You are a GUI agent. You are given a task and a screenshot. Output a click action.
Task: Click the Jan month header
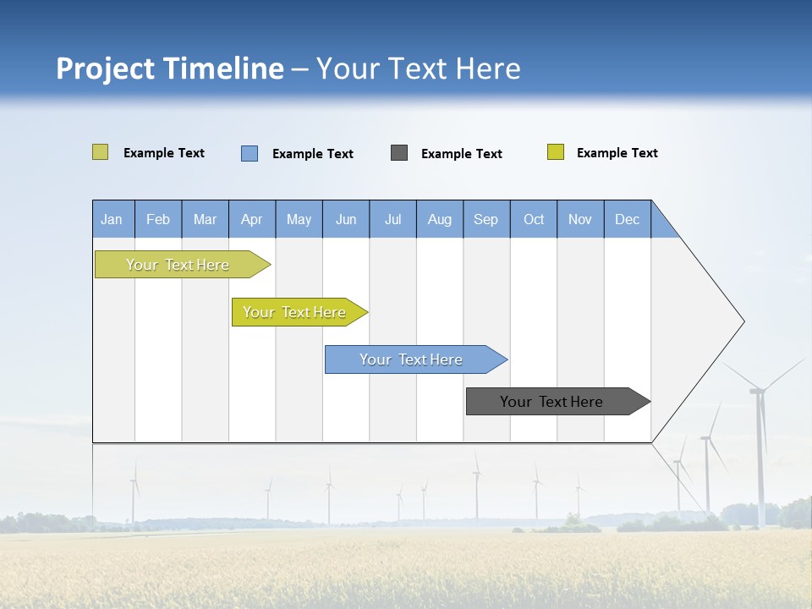[112, 220]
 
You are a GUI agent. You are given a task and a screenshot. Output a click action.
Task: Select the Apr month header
[252, 220]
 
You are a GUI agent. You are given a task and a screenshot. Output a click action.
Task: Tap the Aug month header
[439, 220]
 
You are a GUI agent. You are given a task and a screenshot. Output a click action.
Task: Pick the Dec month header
[627, 220]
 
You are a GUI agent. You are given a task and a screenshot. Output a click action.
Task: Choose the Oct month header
[534, 220]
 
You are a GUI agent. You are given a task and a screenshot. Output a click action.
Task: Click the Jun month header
[346, 220]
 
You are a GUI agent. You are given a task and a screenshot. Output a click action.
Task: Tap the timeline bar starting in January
[178, 265]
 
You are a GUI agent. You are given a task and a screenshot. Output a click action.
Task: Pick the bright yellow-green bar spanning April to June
[295, 312]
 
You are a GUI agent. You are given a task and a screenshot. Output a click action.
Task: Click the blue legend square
[250, 153]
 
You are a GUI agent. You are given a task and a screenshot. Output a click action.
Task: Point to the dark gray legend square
[399, 152]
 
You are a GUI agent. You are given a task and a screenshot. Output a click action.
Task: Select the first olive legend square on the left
[100, 152]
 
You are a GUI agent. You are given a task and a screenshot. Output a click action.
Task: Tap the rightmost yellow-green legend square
[556, 152]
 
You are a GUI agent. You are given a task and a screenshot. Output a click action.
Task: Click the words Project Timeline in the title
[169, 69]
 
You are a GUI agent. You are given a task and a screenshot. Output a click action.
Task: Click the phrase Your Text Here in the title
[418, 69]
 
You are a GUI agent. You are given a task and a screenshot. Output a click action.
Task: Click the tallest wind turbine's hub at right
[758, 390]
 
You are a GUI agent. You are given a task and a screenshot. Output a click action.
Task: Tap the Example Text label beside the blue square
[313, 154]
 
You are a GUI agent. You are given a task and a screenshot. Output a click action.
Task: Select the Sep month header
[486, 220]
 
